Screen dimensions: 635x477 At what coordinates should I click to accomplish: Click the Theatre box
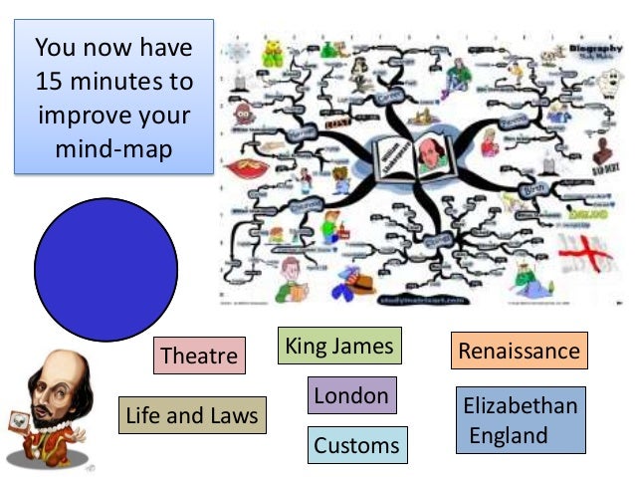(199, 356)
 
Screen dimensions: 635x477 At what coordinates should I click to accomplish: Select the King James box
(339, 347)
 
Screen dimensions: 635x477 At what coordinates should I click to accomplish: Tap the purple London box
(351, 395)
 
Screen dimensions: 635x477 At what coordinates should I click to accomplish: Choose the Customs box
(356, 444)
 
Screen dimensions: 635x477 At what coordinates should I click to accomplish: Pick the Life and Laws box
(192, 414)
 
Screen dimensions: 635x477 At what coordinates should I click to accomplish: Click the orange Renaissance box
(519, 351)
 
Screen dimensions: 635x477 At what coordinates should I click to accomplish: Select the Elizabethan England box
(520, 420)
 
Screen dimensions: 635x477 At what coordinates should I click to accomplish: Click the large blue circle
(106, 268)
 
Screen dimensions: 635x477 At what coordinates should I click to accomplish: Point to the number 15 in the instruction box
(52, 80)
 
